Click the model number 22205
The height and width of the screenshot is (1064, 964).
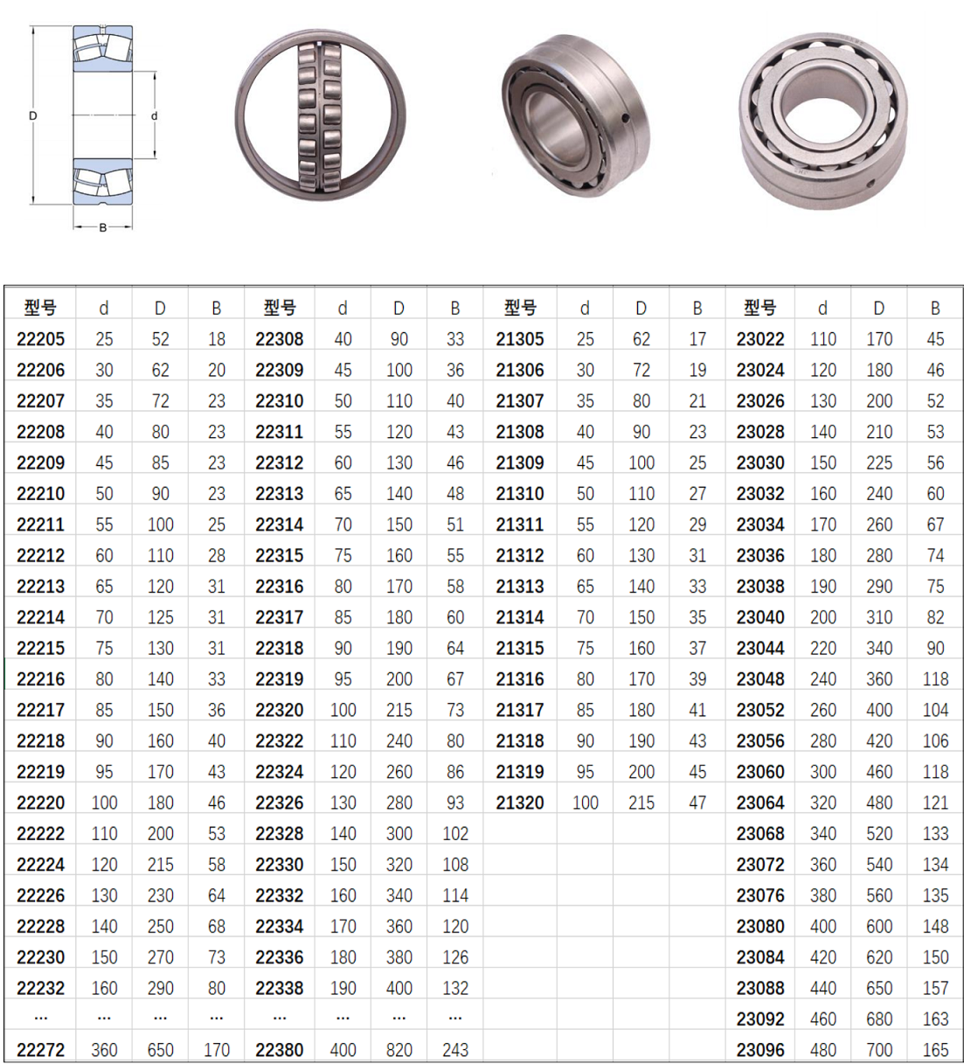point(40,339)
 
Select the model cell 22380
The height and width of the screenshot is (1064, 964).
point(280,1050)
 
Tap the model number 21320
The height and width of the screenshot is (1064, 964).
point(520,803)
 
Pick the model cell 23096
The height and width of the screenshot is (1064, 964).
point(759,1050)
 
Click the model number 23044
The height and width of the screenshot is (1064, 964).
point(759,648)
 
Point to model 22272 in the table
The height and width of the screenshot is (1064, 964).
point(40,1050)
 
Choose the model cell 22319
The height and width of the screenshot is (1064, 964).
point(280,679)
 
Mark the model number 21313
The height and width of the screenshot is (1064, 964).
point(520,586)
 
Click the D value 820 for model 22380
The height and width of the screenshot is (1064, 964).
point(399,1050)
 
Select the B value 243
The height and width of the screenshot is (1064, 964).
point(455,1050)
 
